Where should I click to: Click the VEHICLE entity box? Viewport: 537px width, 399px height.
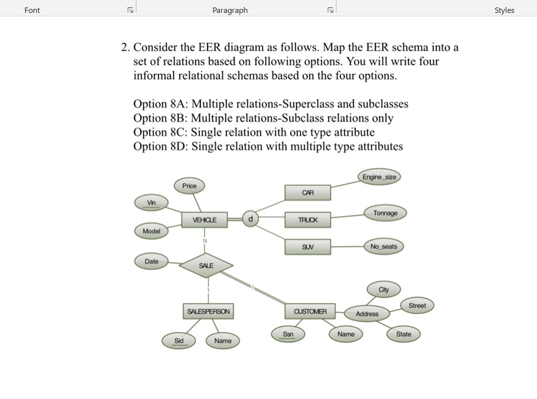click(x=205, y=220)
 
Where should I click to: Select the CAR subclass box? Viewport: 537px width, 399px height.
click(x=308, y=193)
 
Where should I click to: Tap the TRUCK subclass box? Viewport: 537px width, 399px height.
click(x=308, y=220)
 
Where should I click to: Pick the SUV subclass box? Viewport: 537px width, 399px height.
click(x=308, y=247)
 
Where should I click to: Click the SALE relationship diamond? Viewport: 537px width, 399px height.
click(x=206, y=266)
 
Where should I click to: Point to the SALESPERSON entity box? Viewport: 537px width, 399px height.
click(x=208, y=312)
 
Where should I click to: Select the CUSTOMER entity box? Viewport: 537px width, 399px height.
click(x=310, y=312)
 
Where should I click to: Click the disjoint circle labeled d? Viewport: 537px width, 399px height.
click(x=250, y=219)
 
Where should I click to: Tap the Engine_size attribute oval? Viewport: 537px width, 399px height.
click(x=379, y=177)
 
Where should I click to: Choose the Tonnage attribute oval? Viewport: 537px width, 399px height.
click(x=385, y=213)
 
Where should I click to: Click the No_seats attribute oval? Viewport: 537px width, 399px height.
click(x=384, y=246)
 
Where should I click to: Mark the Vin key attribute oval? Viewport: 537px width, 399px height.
click(x=151, y=203)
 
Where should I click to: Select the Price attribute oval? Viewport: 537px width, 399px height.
click(x=189, y=186)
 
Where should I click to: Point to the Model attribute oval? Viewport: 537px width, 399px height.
click(x=151, y=231)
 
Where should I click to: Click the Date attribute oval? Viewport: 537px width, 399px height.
click(x=151, y=261)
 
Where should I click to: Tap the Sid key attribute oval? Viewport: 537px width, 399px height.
click(x=179, y=341)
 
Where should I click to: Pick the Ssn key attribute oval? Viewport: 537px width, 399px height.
click(x=288, y=334)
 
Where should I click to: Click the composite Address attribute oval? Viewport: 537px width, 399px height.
click(x=367, y=314)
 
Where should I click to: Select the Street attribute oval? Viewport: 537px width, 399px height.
click(x=417, y=306)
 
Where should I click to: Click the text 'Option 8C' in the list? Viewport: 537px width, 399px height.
click(x=160, y=132)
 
